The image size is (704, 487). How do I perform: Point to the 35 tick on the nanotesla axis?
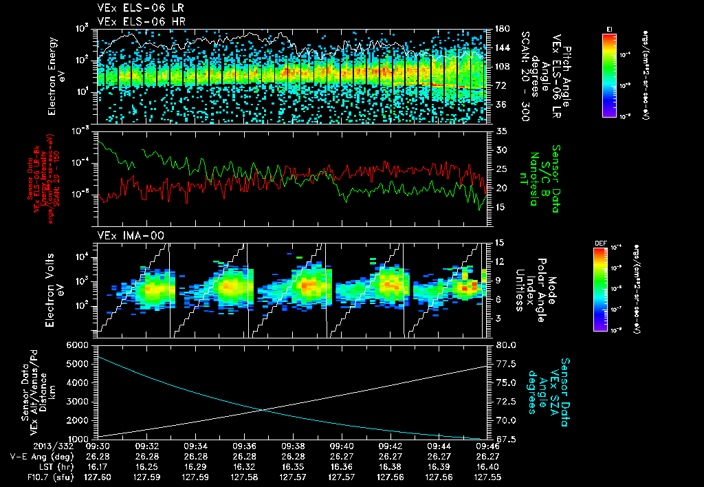click(500, 131)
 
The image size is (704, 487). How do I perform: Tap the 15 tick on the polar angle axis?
click(500, 242)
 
